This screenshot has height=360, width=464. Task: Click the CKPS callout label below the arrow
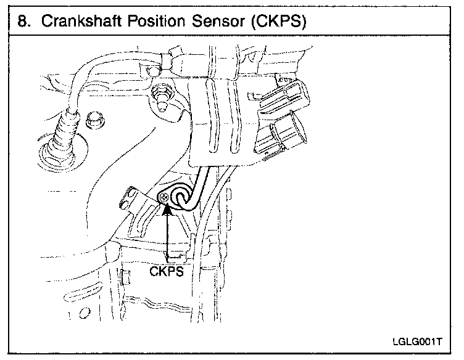[x=167, y=272]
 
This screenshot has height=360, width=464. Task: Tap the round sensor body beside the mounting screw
[x=183, y=197]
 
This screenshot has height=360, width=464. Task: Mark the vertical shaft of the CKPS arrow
[x=167, y=240]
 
